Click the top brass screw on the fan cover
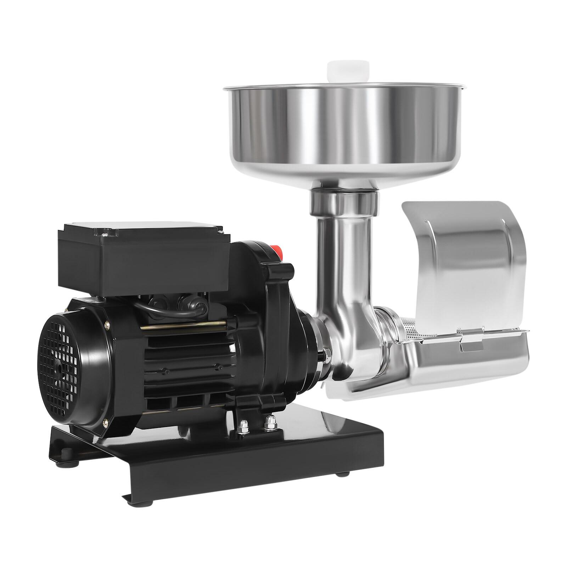107,324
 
